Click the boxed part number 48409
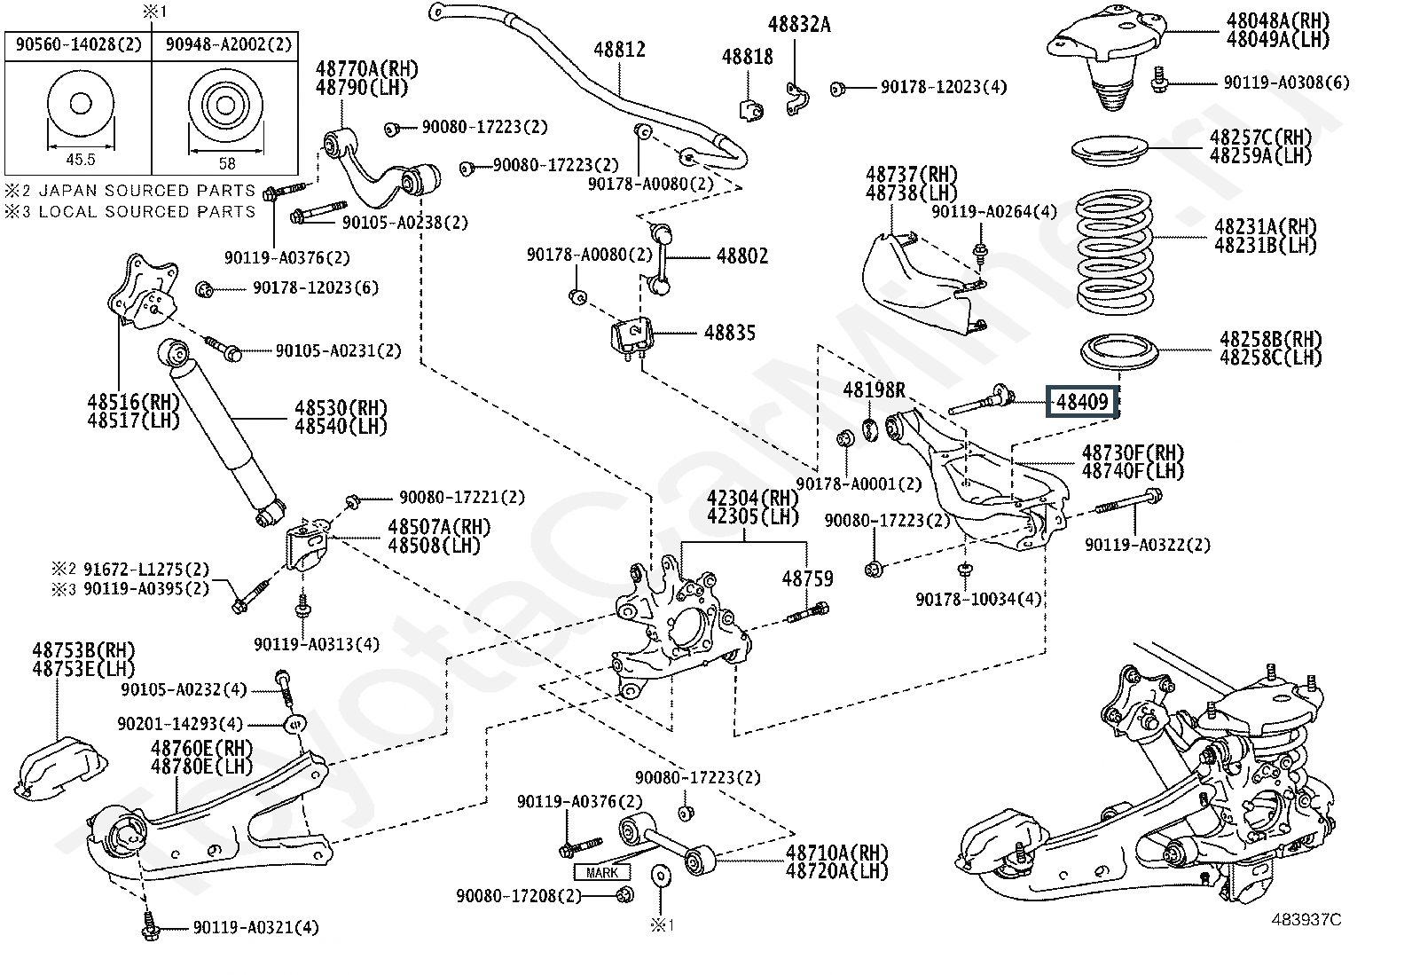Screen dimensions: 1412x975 pyautogui.click(x=1082, y=402)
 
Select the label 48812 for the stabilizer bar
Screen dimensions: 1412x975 pyautogui.click(x=620, y=50)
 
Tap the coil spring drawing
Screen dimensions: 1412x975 pyautogui.click(x=1114, y=252)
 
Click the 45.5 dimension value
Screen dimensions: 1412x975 pyautogui.click(x=81, y=161)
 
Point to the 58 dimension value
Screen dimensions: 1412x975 pyautogui.click(x=227, y=163)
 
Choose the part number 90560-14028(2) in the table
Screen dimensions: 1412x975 pyautogui.click(x=79, y=44)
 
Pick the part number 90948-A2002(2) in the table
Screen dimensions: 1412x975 pyautogui.click(x=229, y=44)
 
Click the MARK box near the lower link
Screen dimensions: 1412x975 pyautogui.click(x=601, y=873)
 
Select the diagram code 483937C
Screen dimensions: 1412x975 pyautogui.click(x=1306, y=919)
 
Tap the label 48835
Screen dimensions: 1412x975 pyautogui.click(x=729, y=333)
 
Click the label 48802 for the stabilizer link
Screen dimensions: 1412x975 pyautogui.click(x=742, y=256)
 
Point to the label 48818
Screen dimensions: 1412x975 pyautogui.click(x=747, y=58)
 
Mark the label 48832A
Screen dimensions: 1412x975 pyautogui.click(x=798, y=25)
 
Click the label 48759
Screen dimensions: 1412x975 pyautogui.click(x=807, y=578)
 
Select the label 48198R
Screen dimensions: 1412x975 pyautogui.click(x=874, y=390)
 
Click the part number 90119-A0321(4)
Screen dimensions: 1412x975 pyautogui.click(x=256, y=928)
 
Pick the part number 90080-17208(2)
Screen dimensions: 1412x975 pyautogui.click(x=519, y=895)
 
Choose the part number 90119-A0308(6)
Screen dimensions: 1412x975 pyautogui.click(x=1287, y=83)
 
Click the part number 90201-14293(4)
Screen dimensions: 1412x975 pyautogui.click(x=180, y=723)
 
